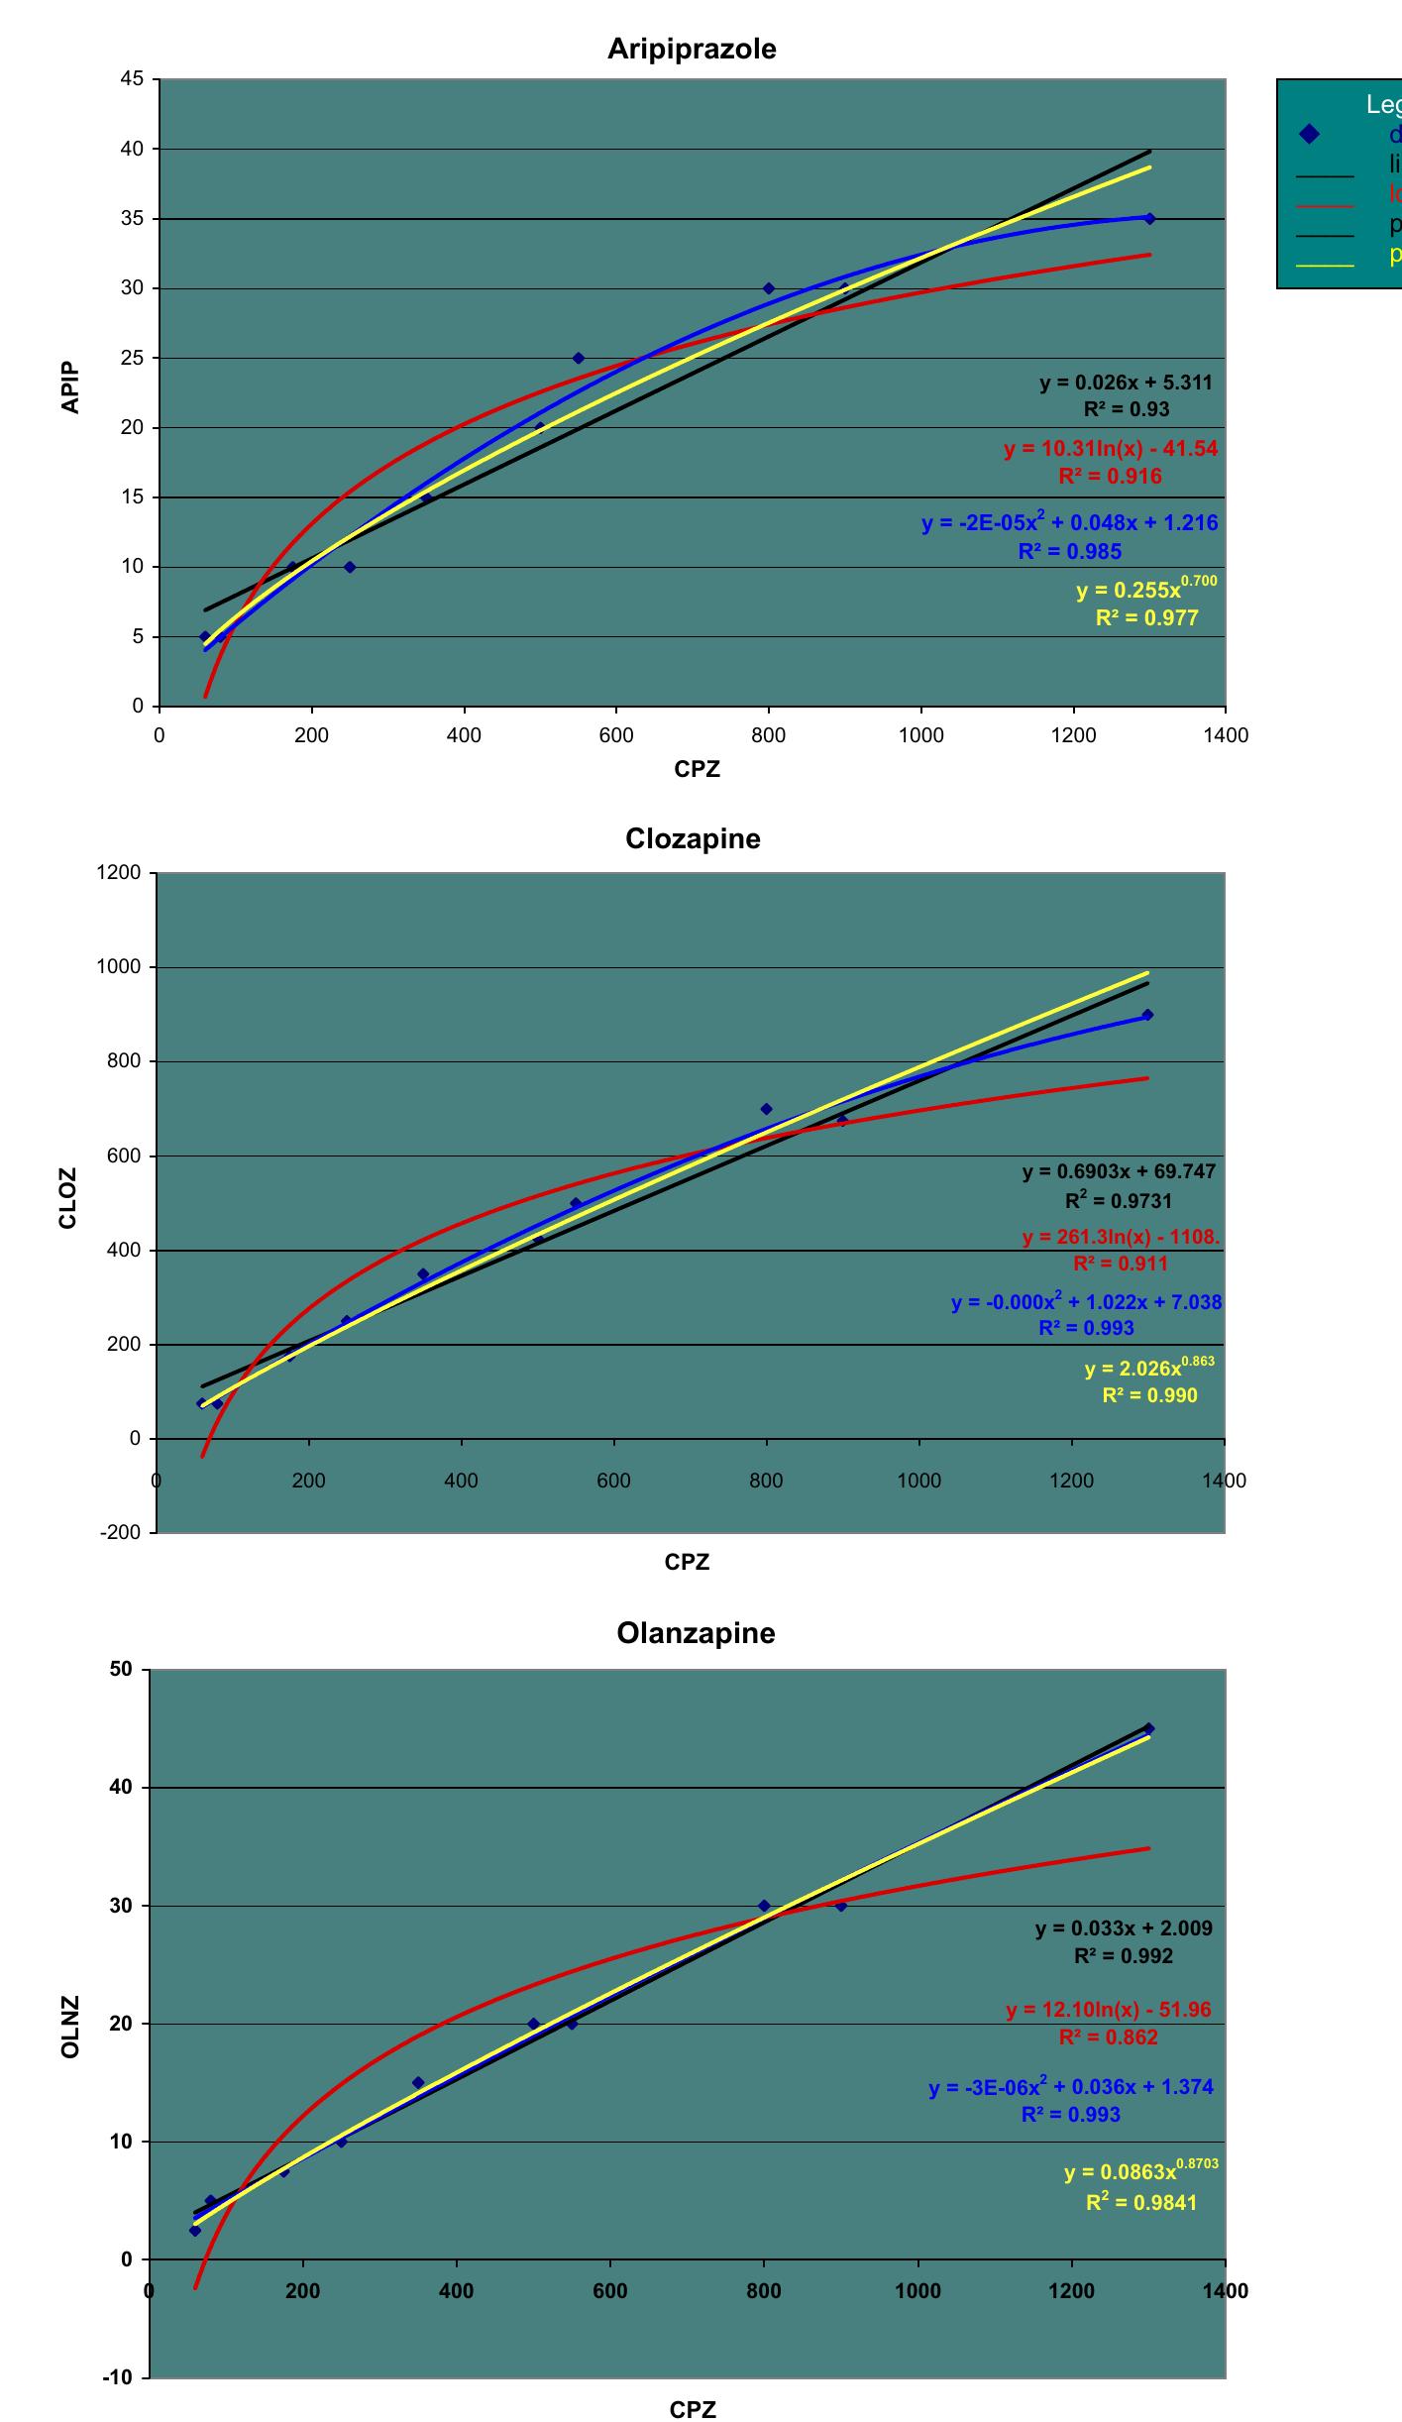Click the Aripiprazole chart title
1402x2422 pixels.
(692, 49)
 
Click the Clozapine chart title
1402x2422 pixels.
(693, 838)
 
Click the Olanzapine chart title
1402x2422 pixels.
(696, 1632)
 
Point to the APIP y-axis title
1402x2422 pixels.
(70, 387)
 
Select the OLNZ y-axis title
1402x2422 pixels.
(69, 2027)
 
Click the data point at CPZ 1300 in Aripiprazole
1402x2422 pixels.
(1149, 218)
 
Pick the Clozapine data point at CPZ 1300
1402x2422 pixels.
(1147, 1015)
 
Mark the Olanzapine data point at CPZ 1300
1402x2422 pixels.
(1148, 1728)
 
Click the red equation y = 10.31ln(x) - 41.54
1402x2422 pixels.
(1110, 449)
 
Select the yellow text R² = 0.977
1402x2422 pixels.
(1146, 618)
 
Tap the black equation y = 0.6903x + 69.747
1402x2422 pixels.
(1119, 1171)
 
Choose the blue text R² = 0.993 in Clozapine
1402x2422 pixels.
(1086, 1328)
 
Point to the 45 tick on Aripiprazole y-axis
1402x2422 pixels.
(133, 79)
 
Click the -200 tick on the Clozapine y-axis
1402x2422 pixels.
(120, 1532)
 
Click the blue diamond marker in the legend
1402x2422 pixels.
(1309, 134)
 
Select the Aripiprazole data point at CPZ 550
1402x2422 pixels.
(579, 358)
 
